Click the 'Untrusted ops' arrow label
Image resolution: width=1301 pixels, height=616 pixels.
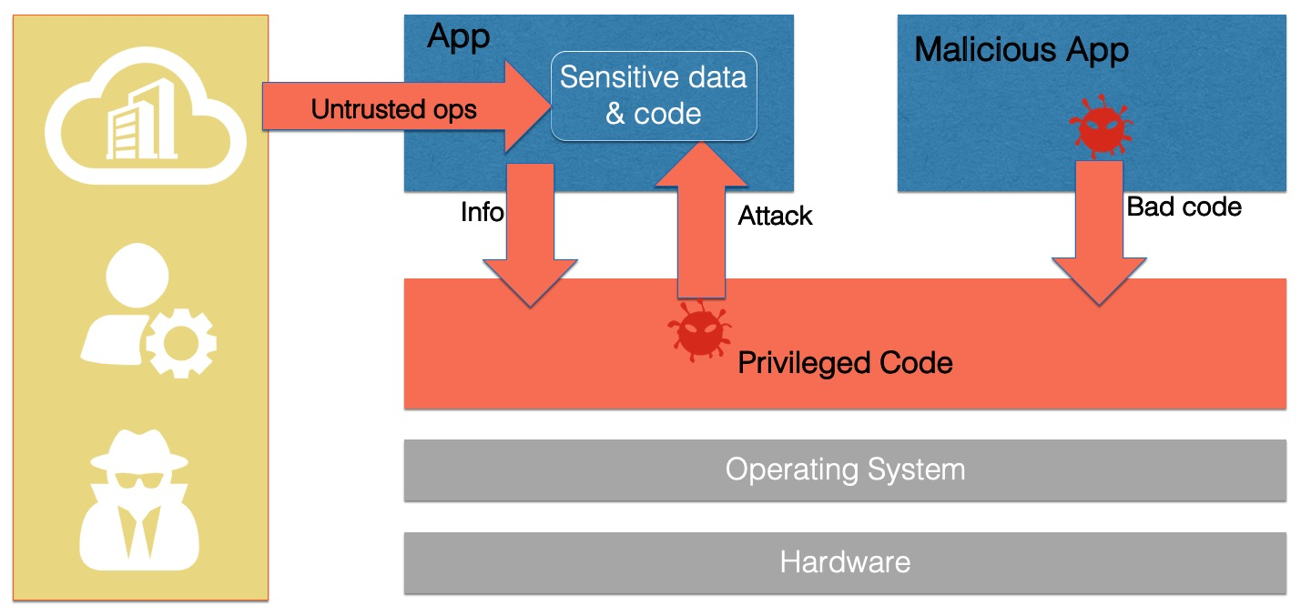tap(393, 110)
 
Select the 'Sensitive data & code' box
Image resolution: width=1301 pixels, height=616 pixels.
tap(654, 96)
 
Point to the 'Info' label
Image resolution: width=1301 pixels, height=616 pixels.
tap(482, 212)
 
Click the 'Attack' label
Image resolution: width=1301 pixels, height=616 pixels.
tap(775, 216)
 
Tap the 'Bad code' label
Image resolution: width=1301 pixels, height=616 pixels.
tap(1184, 207)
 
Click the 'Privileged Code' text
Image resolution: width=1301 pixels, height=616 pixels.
tap(845, 363)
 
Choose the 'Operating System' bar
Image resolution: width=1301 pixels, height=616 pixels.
tap(845, 470)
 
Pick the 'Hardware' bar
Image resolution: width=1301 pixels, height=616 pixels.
tap(845, 561)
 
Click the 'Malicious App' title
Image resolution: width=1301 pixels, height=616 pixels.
tap(1021, 49)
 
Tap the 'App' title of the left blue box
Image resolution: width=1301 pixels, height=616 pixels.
tap(458, 36)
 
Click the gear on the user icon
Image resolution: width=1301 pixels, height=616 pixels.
tap(180, 342)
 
